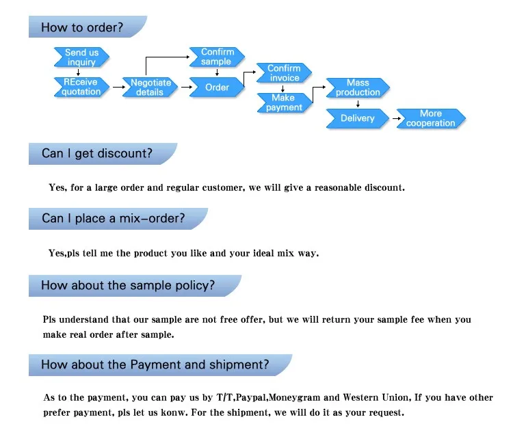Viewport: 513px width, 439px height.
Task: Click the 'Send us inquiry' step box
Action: (x=81, y=57)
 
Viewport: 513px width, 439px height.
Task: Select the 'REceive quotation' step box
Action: (x=81, y=87)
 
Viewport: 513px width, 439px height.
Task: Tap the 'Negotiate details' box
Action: (x=150, y=87)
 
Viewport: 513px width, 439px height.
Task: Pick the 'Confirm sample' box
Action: (x=216, y=57)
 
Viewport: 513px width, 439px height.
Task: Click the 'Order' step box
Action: (x=217, y=87)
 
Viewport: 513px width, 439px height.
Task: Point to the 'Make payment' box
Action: (x=283, y=103)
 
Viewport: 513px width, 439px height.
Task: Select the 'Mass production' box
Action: (x=358, y=88)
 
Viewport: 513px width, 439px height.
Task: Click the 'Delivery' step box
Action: (x=358, y=118)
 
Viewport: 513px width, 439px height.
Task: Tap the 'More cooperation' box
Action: (x=431, y=118)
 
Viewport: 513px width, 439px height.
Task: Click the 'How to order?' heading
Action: (x=82, y=28)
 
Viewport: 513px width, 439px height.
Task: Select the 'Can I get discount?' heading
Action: (x=97, y=154)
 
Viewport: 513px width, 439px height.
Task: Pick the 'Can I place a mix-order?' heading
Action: (x=113, y=219)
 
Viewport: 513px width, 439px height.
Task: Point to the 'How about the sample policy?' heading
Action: (x=128, y=285)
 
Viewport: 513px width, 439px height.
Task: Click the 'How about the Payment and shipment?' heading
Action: (x=155, y=364)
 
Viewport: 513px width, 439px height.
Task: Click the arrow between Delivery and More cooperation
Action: (x=396, y=119)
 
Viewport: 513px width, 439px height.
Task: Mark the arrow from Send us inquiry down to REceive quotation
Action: (x=79, y=72)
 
